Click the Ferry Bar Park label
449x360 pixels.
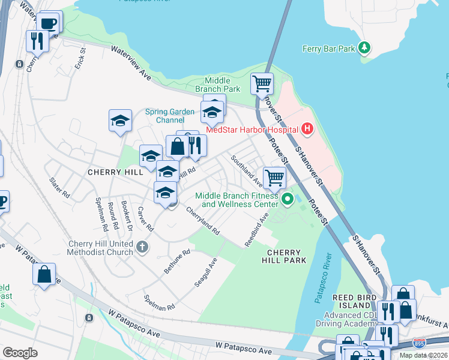[x=328, y=49]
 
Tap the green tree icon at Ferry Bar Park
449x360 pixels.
[x=364, y=47]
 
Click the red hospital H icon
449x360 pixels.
[x=307, y=128]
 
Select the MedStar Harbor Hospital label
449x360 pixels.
[x=252, y=130]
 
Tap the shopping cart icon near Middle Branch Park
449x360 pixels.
[x=262, y=83]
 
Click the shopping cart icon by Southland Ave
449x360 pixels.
[x=274, y=177]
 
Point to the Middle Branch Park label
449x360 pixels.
[x=217, y=85]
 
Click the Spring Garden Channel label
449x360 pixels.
[x=170, y=116]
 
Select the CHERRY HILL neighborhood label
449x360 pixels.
[x=115, y=172]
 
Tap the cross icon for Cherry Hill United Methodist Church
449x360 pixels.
[x=142, y=246]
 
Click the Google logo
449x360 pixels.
[x=20, y=352]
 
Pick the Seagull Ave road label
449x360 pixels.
[x=205, y=273]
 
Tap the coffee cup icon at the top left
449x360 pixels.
[x=49, y=24]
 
